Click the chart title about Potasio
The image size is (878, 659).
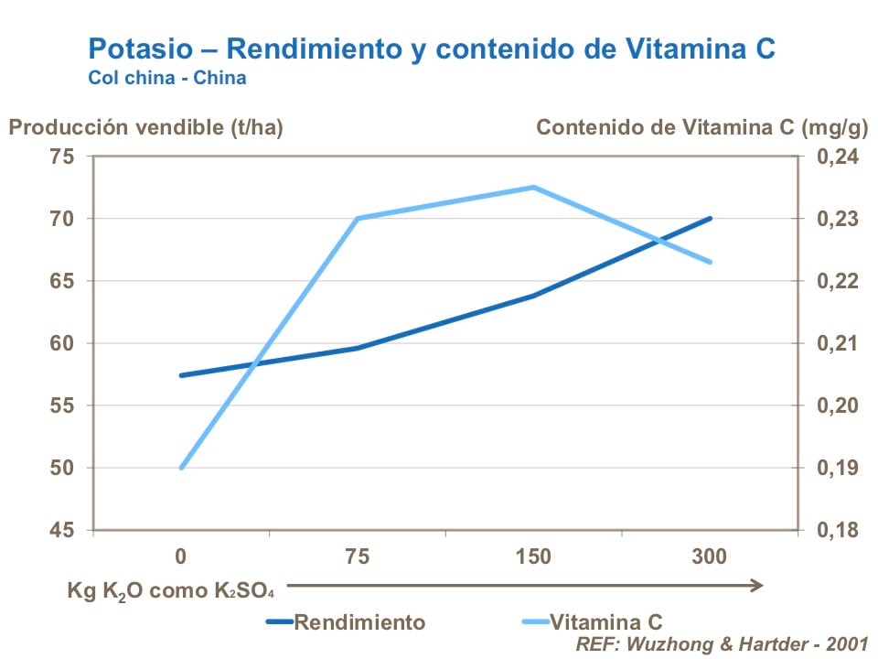point(432,49)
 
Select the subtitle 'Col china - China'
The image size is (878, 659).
point(166,78)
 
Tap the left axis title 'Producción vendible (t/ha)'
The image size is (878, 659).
point(146,127)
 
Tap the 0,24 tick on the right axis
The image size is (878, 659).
point(830,157)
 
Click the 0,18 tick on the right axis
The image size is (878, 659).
point(830,530)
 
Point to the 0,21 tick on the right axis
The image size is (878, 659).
point(830,343)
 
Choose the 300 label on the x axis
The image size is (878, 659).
point(710,556)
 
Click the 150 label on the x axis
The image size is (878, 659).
point(533,556)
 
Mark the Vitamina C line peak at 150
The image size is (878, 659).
point(533,187)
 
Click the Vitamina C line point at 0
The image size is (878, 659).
point(181,468)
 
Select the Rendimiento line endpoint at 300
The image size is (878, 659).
point(711,219)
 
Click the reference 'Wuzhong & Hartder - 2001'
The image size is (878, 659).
point(722,643)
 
